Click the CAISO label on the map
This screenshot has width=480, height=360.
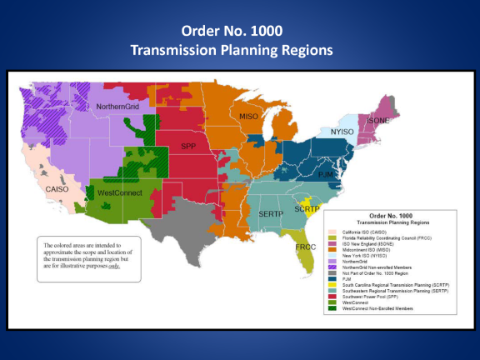pyautogui.click(x=57, y=189)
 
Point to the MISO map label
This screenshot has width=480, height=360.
pyautogui.click(x=248, y=117)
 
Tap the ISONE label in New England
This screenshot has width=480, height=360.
pyautogui.click(x=377, y=121)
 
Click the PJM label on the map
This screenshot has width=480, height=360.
pyautogui.click(x=325, y=176)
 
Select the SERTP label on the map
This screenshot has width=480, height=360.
pyautogui.click(x=272, y=214)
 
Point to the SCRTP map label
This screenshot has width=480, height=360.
pyautogui.click(x=307, y=207)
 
